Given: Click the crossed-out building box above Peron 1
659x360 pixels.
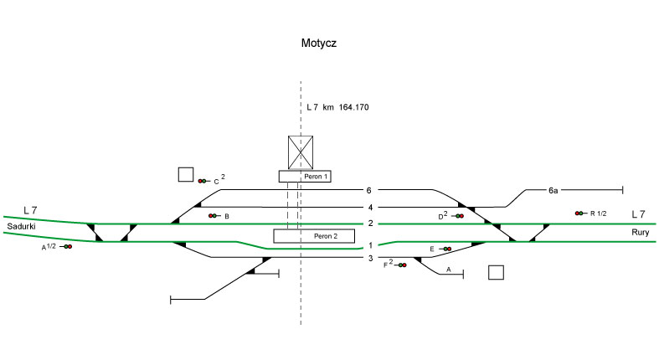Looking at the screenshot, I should tap(301, 152).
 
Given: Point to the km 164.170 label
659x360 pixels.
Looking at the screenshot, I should tap(338, 108).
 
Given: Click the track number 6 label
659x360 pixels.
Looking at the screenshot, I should tap(368, 191).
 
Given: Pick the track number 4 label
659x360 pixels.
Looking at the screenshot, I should tap(368, 208).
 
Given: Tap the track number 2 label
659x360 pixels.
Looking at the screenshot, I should tap(368, 224).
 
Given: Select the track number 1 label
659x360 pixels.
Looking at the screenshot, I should tap(368, 245).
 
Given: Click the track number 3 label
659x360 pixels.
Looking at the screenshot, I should tap(368, 259).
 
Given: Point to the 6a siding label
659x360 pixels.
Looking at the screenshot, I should tap(553, 191).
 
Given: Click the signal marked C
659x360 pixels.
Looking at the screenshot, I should tap(203, 181).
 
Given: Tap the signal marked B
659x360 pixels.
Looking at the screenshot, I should tap(213, 216).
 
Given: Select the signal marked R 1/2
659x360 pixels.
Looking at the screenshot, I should tap(579, 213).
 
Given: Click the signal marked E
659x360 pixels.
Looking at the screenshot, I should tap(446, 249).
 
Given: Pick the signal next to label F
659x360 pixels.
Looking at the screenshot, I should tap(402, 265).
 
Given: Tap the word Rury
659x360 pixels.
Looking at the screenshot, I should tap(641, 232).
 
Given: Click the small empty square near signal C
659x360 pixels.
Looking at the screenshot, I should tap(186, 174).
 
